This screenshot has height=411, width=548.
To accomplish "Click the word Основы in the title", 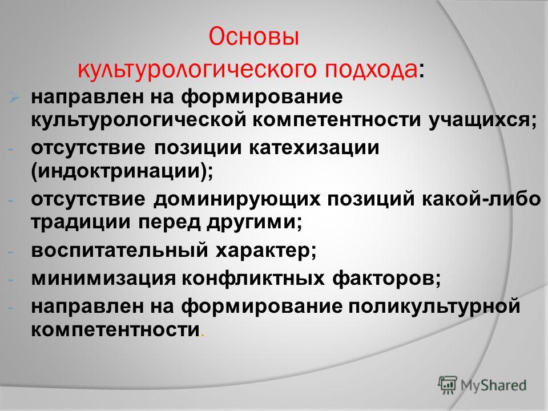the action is click(x=254, y=37).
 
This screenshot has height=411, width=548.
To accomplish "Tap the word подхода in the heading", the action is click(x=370, y=69).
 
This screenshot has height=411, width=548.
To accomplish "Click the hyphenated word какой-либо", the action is click(x=481, y=199).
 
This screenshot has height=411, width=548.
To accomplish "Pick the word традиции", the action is click(x=80, y=223).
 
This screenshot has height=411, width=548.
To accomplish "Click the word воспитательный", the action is click(x=119, y=250).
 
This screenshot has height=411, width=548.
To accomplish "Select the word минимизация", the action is click(x=103, y=279).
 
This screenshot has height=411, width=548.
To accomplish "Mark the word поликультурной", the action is click(x=434, y=306).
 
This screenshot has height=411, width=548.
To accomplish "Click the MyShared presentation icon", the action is click(x=448, y=385).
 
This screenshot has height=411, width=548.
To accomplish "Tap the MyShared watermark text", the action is click(x=493, y=385).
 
